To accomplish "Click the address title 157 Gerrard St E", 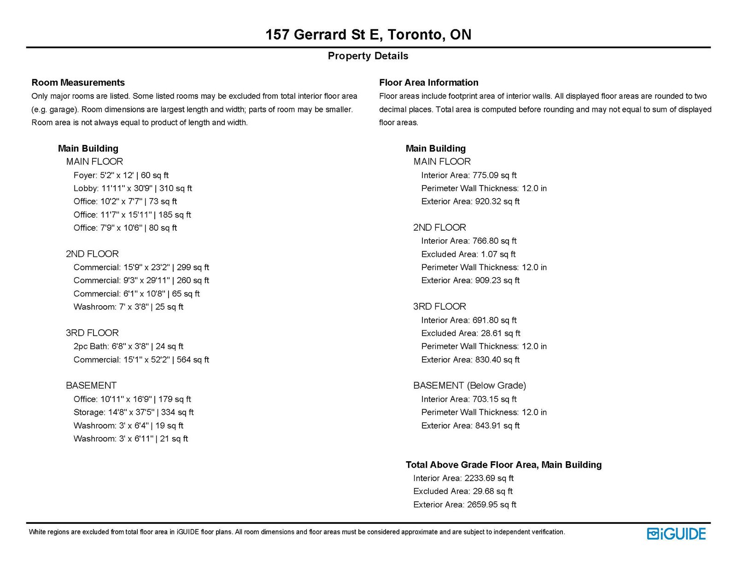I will pyautogui.click(x=368, y=35).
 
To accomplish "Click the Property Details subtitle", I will pyautogui.click(x=368, y=56).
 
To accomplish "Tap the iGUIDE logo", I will pyautogui.click(x=676, y=534).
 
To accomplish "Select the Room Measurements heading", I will pyautogui.click(x=78, y=83).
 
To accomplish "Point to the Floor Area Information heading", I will pyautogui.click(x=428, y=83).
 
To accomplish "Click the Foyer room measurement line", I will pyautogui.click(x=121, y=175).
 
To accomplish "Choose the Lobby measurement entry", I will pyautogui.click(x=133, y=188).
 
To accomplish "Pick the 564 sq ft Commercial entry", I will pyautogui.click(x=141, y=360).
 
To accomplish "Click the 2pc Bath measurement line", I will pyautogui.click(x=128, y=346).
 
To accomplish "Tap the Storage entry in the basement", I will pyautogui.click(x=133, y=412).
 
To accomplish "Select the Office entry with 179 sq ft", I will pyautogui.click(x=132, y=399).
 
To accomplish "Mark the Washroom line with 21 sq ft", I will pyautogui.click(x=130, y=439).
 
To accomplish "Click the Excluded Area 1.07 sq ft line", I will pyautogui.click(x=468, y=254).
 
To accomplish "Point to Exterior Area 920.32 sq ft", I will pyautogui.click(x=470, y=201).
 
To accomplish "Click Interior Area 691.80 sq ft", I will pyautogui.click(x=468, y=320).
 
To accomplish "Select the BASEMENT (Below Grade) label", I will pyautogui.click(x=469, y=385).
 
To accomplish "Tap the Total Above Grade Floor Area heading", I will pyautogui.click(x=503, y=465).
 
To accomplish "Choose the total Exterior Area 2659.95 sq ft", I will pyautogui.click(x=464, y=505).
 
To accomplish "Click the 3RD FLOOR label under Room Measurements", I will pyautogui.click(x=92, y=333).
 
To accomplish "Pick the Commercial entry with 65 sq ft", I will pyautogui.click(x=136, y=294).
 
